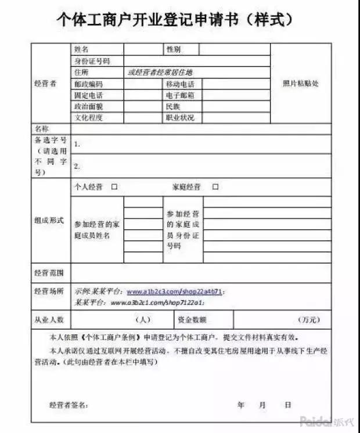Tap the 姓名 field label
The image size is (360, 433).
[x=81, y=49]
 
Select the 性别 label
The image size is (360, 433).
[x=174, y=49]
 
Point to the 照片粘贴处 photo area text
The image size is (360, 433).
[x=301, y=84]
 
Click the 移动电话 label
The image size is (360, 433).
[x=180, y=84]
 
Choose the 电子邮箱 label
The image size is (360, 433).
[x=180, y=95]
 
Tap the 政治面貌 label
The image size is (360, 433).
[x=88, y=106]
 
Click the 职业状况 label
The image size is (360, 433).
[x=180, y=117]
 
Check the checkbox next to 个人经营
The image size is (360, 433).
[x=114, y=187]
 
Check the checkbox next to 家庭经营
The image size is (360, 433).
[x=215, y=187]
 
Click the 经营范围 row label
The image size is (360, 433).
[x=49, y=272]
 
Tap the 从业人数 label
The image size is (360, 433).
[x=49, y=319]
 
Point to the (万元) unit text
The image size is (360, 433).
[x=308, y=319]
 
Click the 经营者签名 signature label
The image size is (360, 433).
[x=69, y=405]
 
